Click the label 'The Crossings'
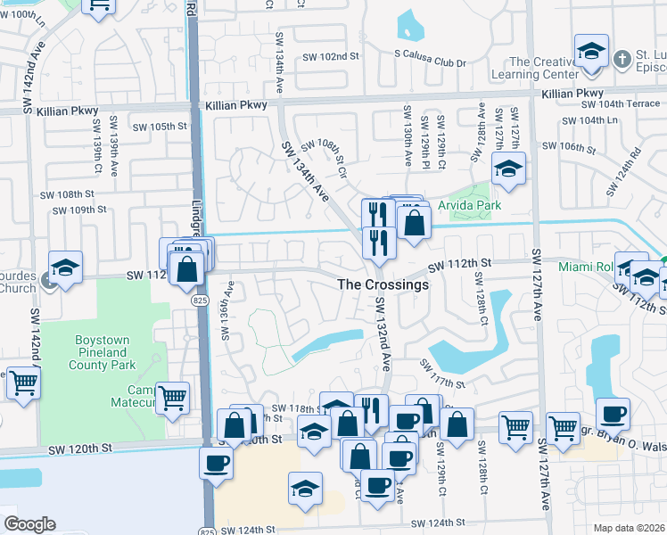point(383,284)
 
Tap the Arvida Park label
point(469,206)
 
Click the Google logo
point(29,524)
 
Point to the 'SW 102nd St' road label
point(329,55)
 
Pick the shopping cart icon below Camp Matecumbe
point(172,396)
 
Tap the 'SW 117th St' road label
point(443,373)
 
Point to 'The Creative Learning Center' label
point(543,69)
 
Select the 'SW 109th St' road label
point(79,210)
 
